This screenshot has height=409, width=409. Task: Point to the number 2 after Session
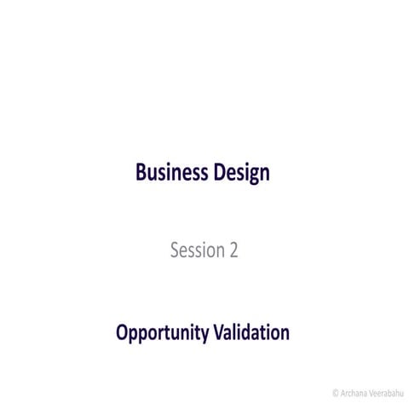(233, 251)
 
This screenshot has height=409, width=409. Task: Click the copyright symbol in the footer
(335, 393)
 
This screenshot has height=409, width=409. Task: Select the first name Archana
(353, 393)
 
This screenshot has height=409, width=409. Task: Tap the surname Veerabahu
(386, 393)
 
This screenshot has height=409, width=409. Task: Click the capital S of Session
(176, 251)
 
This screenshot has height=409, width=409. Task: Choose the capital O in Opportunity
(123, 332)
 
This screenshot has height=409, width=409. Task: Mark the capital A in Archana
(343, 393)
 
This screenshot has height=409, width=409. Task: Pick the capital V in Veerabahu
(371, 393)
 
